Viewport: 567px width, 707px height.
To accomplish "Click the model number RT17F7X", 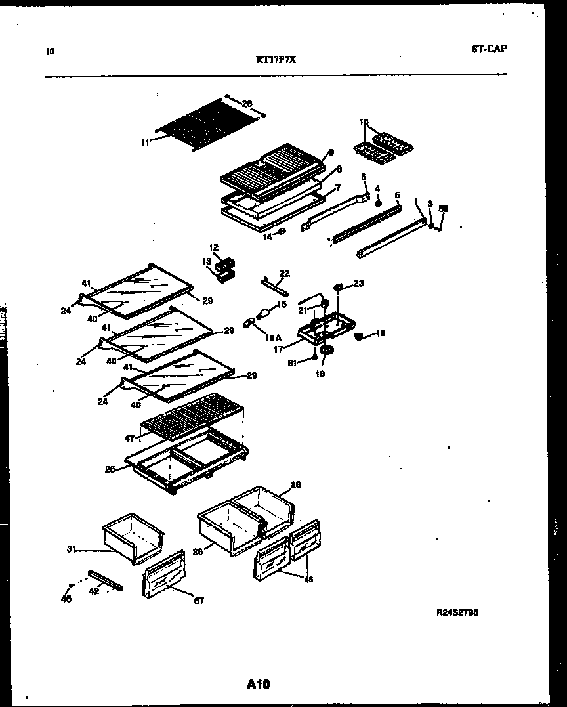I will (276, 58).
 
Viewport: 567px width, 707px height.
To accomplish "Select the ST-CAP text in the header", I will (489, 48).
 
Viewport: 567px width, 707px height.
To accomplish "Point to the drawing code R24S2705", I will (457, 612).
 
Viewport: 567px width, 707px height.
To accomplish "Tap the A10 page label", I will (259, 685).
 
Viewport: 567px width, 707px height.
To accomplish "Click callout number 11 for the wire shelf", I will (144, 140).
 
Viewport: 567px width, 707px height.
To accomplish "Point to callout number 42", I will (94, 590).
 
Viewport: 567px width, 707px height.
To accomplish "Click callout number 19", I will (381, 333).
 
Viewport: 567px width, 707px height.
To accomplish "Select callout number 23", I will (358, 284).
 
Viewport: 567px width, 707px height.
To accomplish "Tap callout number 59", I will (444, 209).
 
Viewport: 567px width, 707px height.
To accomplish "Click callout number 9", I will (331, 152).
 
